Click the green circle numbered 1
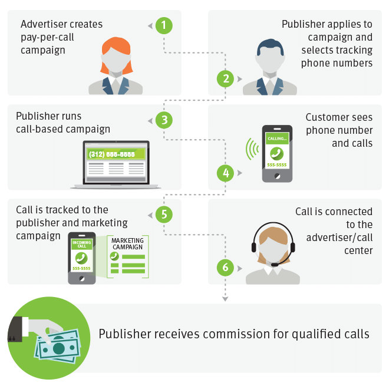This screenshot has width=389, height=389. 164,25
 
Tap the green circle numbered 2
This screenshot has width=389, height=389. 224,78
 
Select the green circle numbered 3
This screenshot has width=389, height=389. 164,120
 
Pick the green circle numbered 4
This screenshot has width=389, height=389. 225,173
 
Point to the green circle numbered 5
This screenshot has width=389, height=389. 164,215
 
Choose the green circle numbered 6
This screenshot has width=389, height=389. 224,267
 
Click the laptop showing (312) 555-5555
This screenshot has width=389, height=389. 116,164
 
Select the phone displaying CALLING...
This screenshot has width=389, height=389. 277,154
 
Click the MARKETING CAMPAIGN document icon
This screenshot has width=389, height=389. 128,256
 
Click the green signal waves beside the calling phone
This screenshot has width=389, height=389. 251,150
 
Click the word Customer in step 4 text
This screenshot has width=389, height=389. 324,117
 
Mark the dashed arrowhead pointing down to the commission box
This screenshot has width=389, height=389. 225,299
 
